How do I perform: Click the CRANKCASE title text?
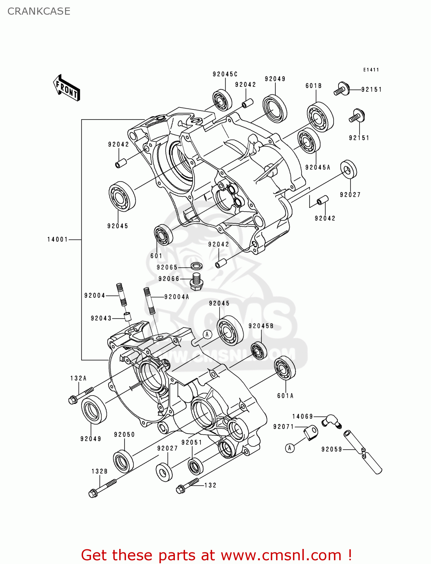pos(39,11)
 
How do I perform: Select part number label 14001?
pos(57,240)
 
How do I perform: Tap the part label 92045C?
pos(225,74)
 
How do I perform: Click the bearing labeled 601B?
pos(320,117)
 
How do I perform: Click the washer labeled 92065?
pos(196,266)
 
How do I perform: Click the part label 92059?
pos(331,449)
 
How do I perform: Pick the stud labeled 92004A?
pos(149,300)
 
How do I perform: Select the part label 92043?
pos(101,318)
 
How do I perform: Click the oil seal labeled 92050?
pos(123,461)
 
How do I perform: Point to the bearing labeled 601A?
pos(285,368)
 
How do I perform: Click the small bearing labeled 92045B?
pos(259,350)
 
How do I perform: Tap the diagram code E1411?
pos(371,70)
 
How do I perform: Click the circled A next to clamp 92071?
pos(290,448)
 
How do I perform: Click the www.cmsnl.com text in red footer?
pos(281,555)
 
